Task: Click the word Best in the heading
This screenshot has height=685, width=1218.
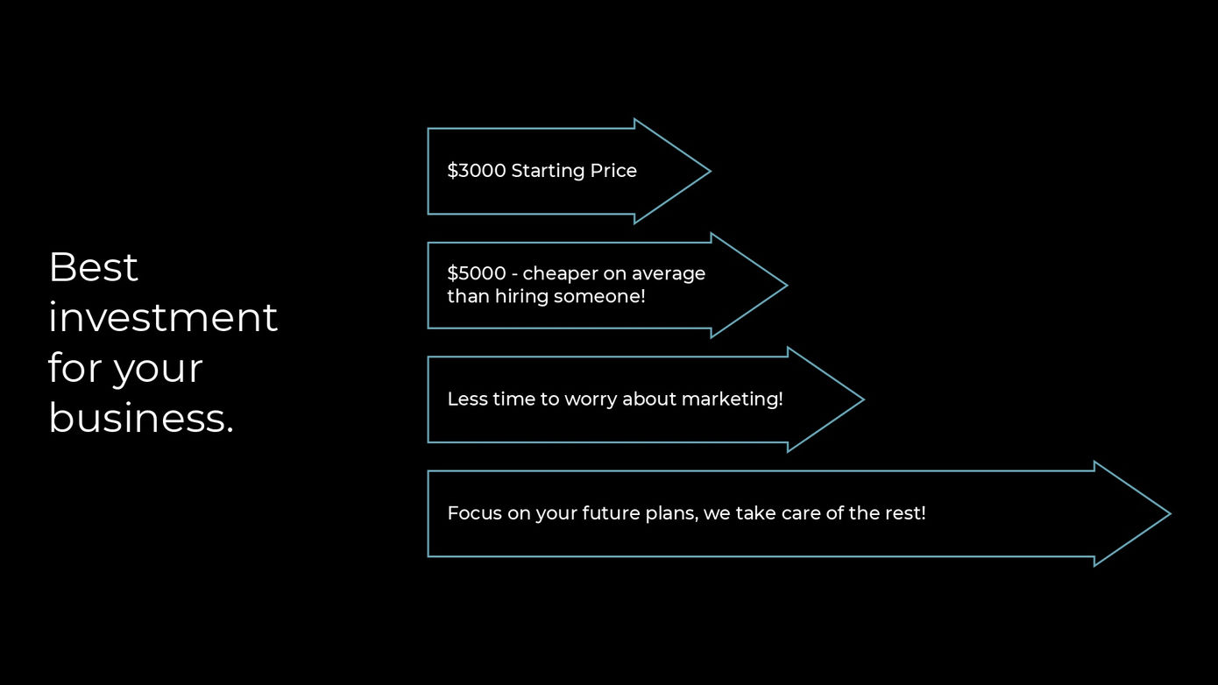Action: pos(94,267)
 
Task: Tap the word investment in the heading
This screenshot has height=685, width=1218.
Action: pos(163,317)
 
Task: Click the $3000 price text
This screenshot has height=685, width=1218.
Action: pos(477,171)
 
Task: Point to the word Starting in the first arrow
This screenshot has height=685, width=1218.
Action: pos(549,172)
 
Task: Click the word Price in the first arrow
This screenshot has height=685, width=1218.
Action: pos(613,171)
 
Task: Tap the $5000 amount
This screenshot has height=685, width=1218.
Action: pos(477,273)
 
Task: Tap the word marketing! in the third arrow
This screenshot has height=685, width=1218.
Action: pos(732,399)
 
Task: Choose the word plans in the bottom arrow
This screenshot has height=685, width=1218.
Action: pos(669,514)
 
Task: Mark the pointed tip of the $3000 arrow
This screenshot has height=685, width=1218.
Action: pos(710,172)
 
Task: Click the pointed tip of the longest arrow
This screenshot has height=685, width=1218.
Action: pos(1170,513)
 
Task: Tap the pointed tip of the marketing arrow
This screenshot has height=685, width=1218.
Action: pos(863,399)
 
